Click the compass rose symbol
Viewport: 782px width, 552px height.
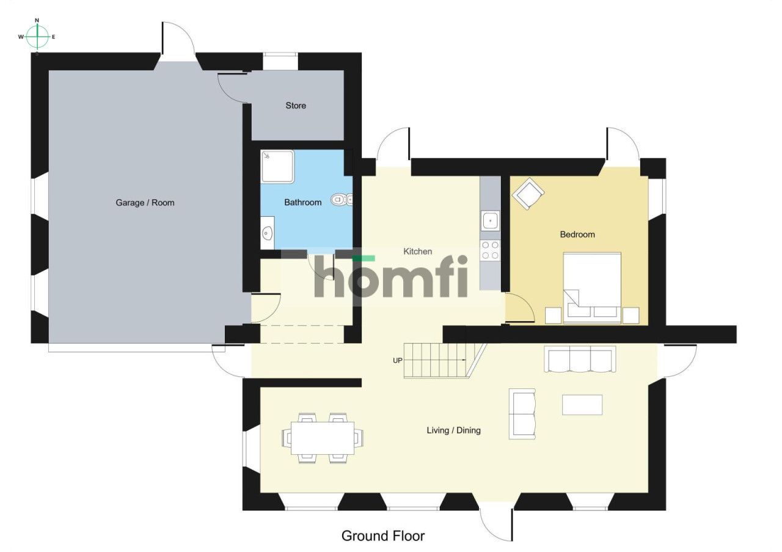point(37,36)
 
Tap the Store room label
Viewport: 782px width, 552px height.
point(296,106)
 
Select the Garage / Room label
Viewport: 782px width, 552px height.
point(145,202)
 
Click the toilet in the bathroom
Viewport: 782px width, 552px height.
point(342,200)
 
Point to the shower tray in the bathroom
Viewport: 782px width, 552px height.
point(277,167)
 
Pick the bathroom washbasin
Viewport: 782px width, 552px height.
point(268,233)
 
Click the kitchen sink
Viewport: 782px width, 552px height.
point(490,220)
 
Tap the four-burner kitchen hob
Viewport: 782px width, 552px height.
point(490,250)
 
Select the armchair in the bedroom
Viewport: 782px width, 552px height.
point(528,194)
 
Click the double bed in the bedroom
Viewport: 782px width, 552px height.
point(592,288)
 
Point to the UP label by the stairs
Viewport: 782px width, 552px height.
point(398,360)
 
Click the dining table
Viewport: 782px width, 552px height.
point(323,438)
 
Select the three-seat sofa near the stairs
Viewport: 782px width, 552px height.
point(580,360)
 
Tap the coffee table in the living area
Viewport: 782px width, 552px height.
point(582,405)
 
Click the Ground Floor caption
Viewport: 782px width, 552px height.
point(383,536)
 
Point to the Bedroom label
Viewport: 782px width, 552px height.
point(577,234)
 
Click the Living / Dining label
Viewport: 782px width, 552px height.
point(453,430)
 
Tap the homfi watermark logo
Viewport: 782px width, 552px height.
point(391,277)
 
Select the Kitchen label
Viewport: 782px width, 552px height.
point(417,251)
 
